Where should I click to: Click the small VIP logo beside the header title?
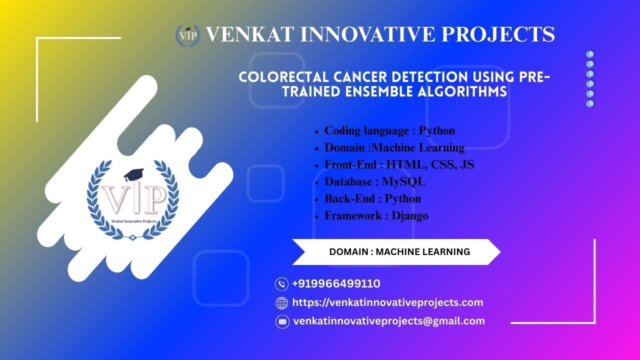(187, 35)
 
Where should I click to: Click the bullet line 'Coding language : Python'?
(389, 131)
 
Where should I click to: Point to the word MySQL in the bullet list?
(403, 182)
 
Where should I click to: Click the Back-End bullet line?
(372, 199)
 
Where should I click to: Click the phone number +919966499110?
(336, 284)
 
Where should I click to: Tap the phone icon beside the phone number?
(282, 284)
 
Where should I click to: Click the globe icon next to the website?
(282, 303)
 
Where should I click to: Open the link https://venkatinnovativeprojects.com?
(387, 302)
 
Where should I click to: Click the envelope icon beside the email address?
(282, 321)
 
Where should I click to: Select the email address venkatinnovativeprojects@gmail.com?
(389, 321)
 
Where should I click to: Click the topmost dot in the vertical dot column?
(590, 54)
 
